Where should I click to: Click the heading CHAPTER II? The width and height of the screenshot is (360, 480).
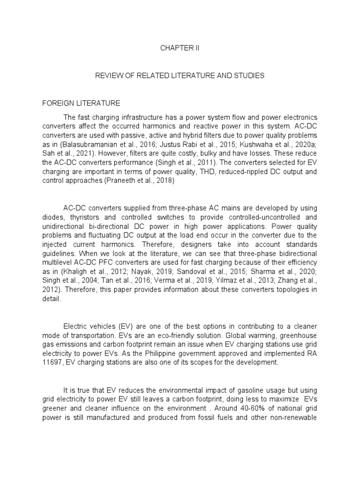[180, 48]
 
